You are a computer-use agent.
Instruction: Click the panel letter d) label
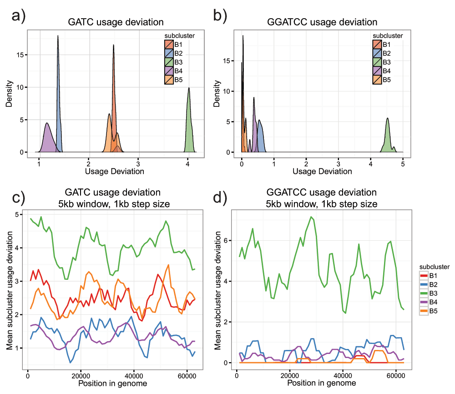click(222, 199)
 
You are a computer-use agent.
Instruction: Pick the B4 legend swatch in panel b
click(377, 71)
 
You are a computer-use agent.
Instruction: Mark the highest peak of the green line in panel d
click(311, 217)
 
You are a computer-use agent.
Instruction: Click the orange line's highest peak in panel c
click(169, 265)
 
